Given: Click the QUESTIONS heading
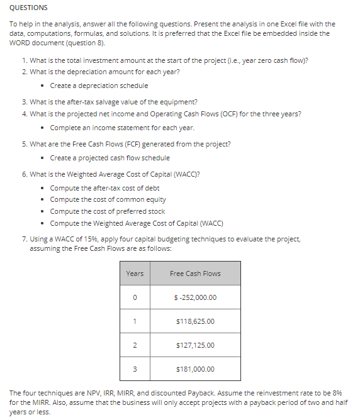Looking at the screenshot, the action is pyautogui.click(x=28, y=8).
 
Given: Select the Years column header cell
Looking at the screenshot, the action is pyautogui.click(x=135, y=274).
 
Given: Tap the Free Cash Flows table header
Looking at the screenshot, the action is pyautogui.click(x=195, y=274).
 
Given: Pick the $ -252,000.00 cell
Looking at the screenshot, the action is pyautogui.click(x=195, y=297).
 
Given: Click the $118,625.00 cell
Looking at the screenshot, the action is pyautogui.click(x=195, y=321).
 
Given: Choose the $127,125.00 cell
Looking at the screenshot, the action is pyautogui.click(x=195, y=345).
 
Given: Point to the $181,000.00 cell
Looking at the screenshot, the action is pyautogui.click(x=195, y=369).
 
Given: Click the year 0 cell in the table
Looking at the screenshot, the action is pyautogui.click(x=135, y=297).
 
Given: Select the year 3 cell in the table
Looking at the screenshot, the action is pyautogui.click(x=135, y=369).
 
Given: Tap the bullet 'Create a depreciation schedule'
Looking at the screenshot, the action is pyautogui.click(x=99, y=86).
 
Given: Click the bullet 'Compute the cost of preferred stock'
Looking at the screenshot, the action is pyautogui.click(x=107, y=211).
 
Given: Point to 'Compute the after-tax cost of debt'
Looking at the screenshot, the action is pyautogui.click(x=104, y=188).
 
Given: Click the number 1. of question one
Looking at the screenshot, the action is pyautogui.click(x=24, y=60).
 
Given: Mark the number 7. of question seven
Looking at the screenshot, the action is pyautogui.click(x=24, y=239).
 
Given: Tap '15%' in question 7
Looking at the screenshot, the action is pyautogui.click(x=87, y=239).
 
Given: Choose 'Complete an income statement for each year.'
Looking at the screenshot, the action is pyautogui.click(x=122, y=127).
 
